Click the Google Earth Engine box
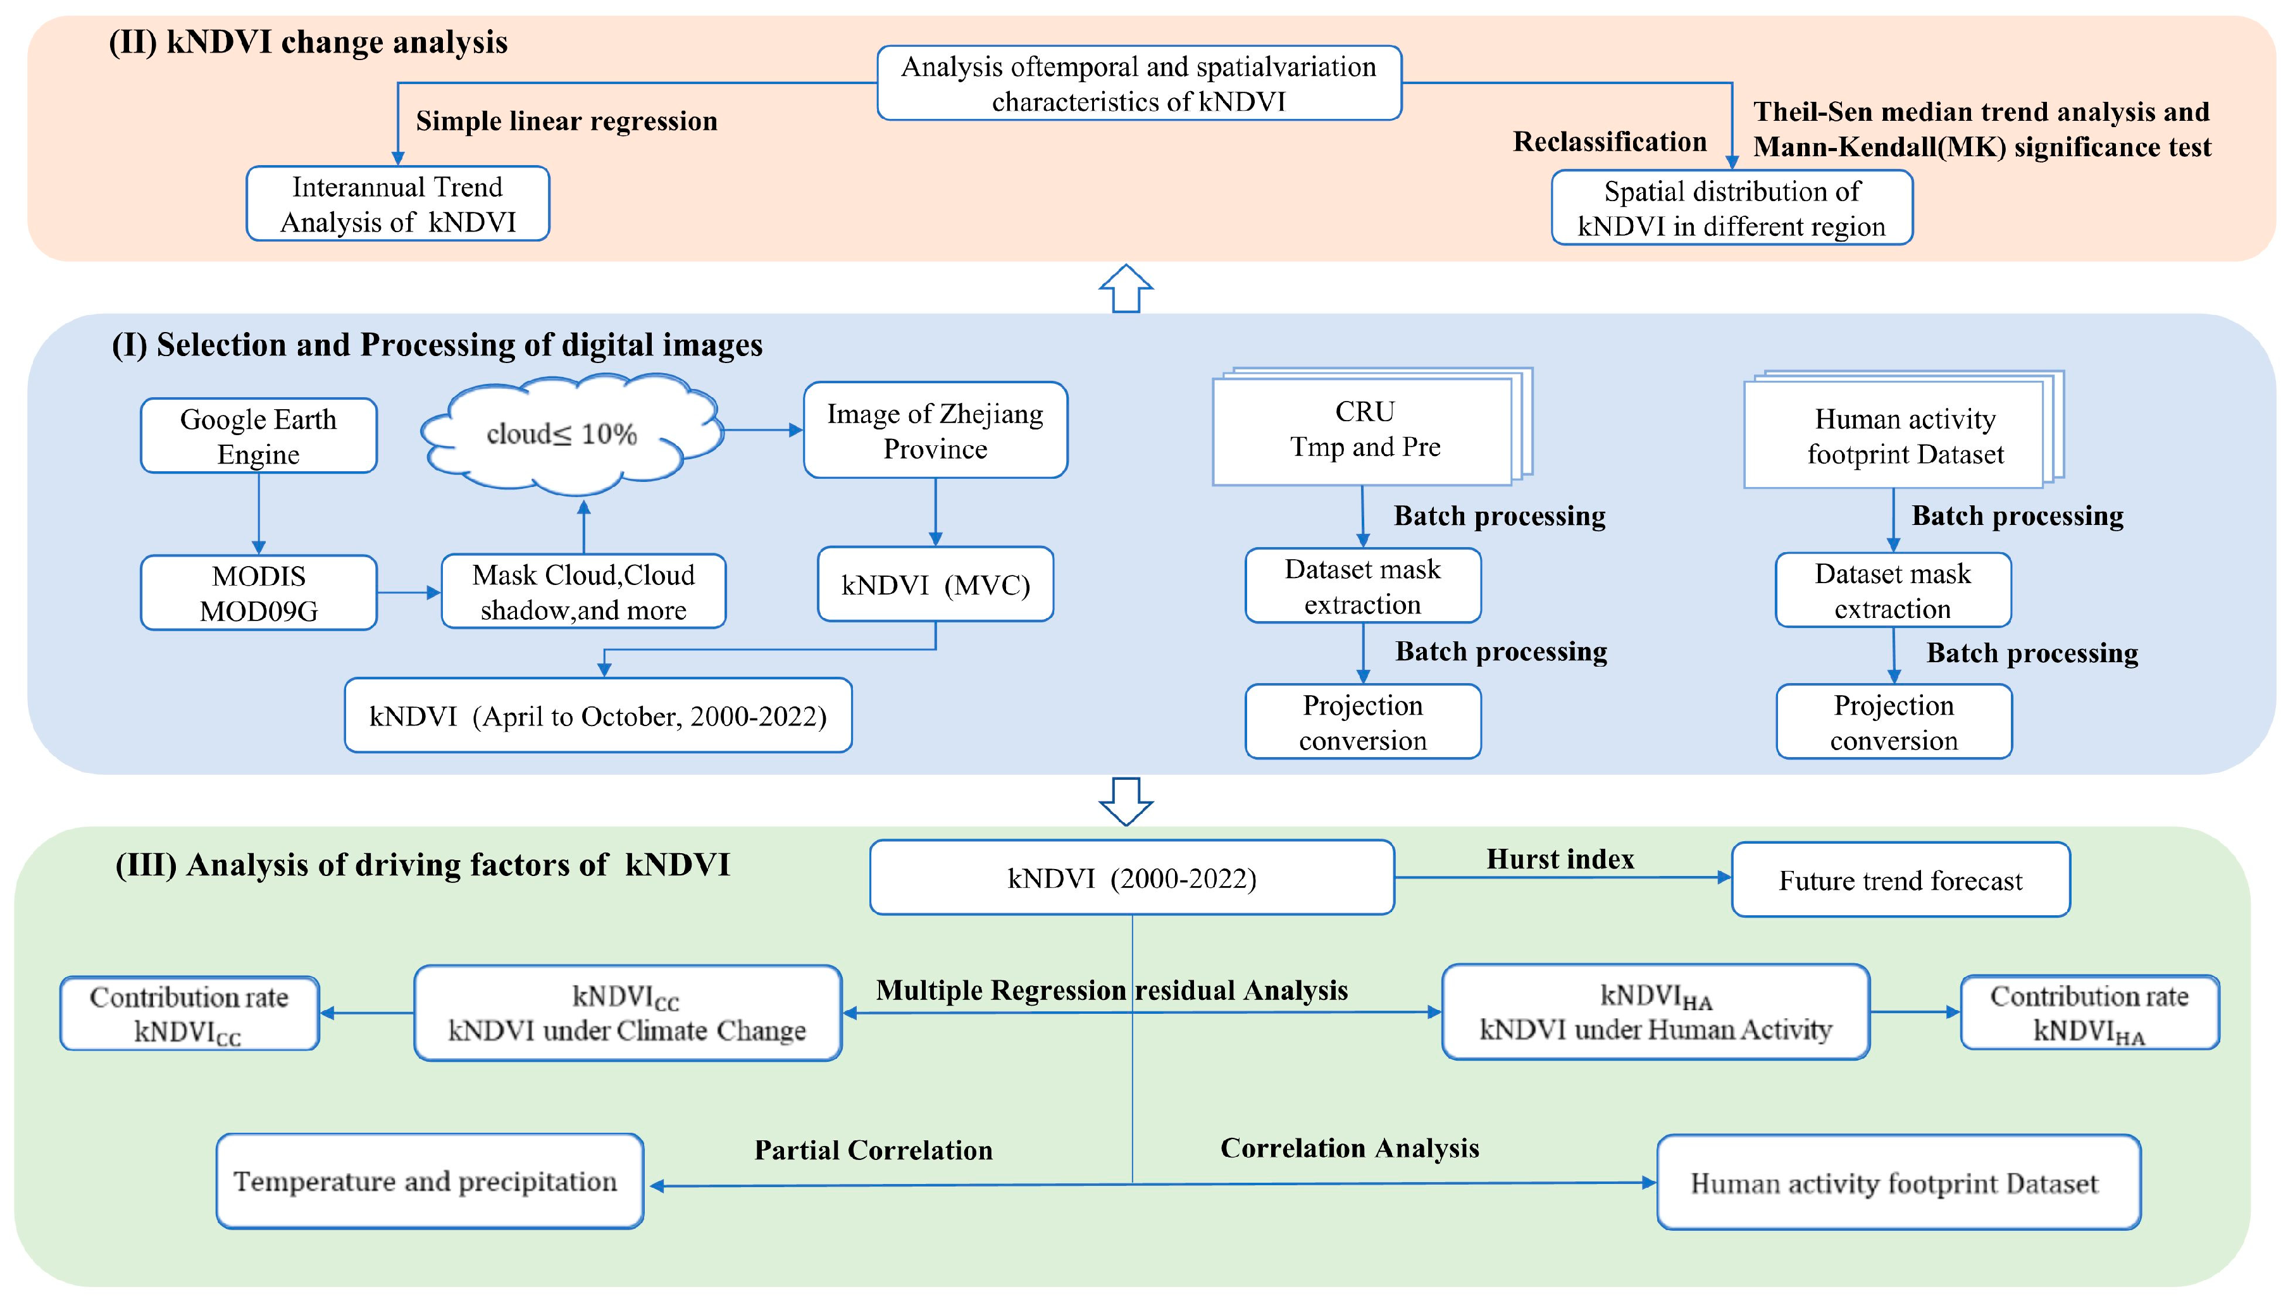point(258,436)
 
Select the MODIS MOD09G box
point(258,593)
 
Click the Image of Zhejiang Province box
point(935,431)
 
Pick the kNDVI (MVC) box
point(935,585)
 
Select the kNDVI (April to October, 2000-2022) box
point(598,716)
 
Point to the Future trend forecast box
point(1900,880)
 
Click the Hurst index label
point(1560,860)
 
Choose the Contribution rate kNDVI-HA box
point(2089,1013)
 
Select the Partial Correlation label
point(873,1150)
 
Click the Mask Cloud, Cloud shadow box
point(583,591)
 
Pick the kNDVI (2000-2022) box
point(1131,879)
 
